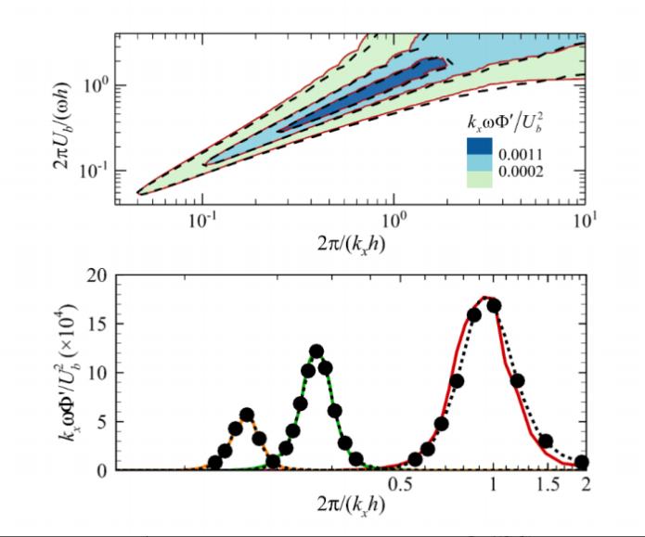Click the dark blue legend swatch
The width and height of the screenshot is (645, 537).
coord(482,146)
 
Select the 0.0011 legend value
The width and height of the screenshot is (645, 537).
coord(523,146)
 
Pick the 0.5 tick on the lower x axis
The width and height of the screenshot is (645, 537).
coord(401,485)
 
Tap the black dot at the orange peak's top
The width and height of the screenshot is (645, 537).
coord(247,415)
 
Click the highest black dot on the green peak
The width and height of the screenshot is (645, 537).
coord(316,352)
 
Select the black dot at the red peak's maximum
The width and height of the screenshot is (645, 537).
coord(494,305)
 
